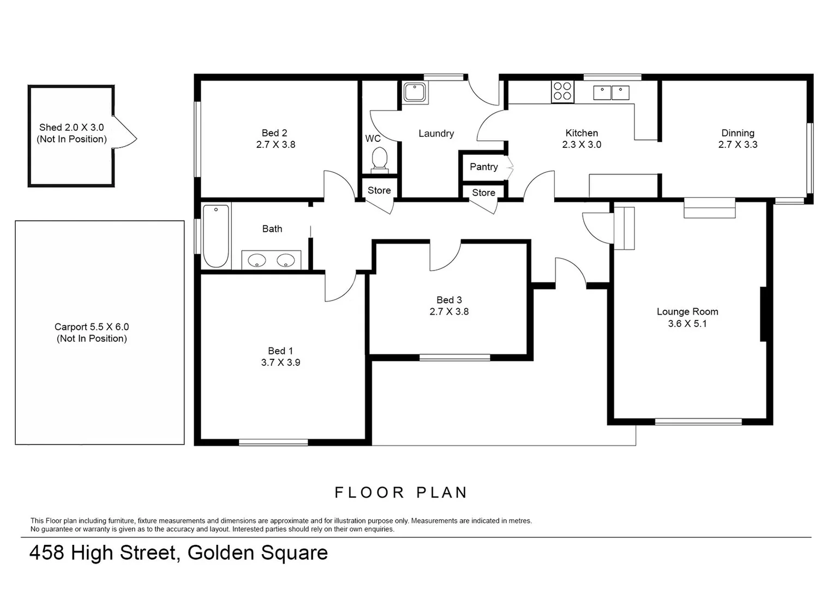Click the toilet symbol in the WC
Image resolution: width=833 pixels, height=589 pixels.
click(x=379, y=159)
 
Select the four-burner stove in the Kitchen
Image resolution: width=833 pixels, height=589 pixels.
click(x=562, y=92)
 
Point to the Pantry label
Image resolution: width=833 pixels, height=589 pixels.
click(x=484, y=167)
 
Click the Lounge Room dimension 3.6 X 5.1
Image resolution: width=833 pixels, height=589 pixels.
click(x=687, y=323)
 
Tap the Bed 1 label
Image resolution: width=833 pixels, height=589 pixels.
click(x=280, y=351)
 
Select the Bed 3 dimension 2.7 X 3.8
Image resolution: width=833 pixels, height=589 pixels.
click(x=449, y=311)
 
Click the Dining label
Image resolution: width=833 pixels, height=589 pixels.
click(x=738, y=133)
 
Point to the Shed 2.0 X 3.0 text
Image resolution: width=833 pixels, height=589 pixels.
click(x=71, y=127)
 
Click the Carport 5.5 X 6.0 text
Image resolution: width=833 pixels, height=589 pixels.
click(x=92, y=327)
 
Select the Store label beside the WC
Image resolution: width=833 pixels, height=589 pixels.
click(x=379, y=190)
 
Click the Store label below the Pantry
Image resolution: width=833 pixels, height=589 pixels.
click(x=484, y=193)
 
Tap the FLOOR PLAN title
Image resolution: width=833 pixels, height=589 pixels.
click(x=401, y=492)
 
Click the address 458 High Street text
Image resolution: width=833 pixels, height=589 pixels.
click(x=104, y=553)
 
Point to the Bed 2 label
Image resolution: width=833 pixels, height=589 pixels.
click(x=274, y=133)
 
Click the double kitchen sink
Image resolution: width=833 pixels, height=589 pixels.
click(x=611, y=92)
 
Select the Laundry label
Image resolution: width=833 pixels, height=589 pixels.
click(x=436, y=133)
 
